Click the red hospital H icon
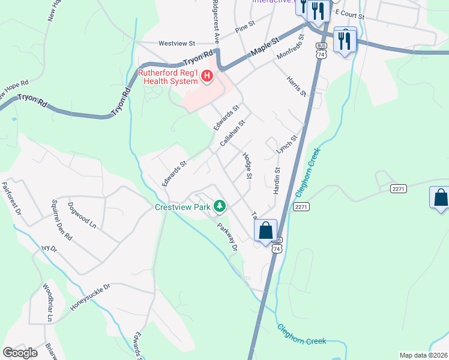tap(206, 76)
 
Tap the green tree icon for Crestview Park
tap(220, 206)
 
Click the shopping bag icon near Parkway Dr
tap(265, 230)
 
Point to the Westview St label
tap(177, 43)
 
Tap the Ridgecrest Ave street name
tap(215, 22)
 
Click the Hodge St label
tap(246, 166)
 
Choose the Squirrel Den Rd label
tap(61, 220)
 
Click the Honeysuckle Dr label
tap(91, 298)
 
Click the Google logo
tap(20, 353)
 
